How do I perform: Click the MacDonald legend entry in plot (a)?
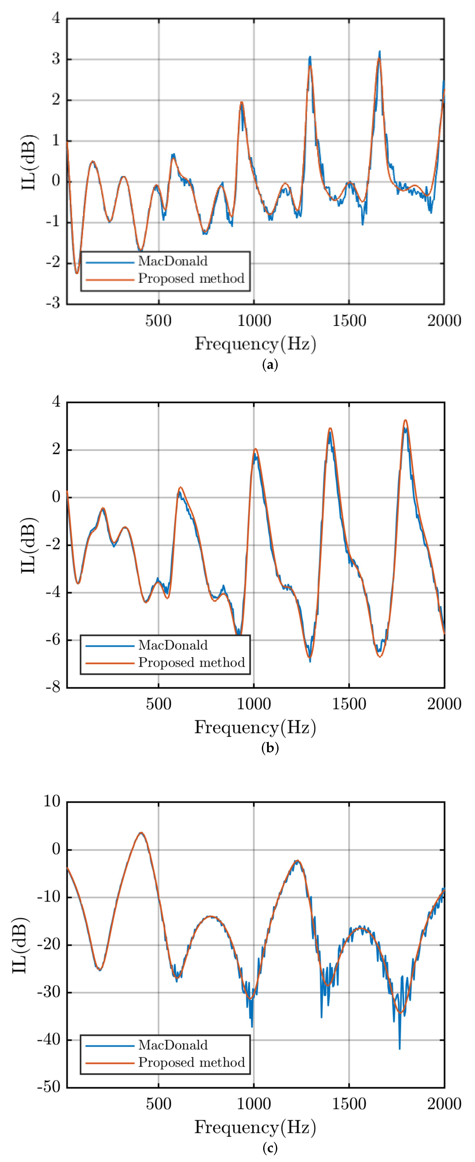pos(173,261)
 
